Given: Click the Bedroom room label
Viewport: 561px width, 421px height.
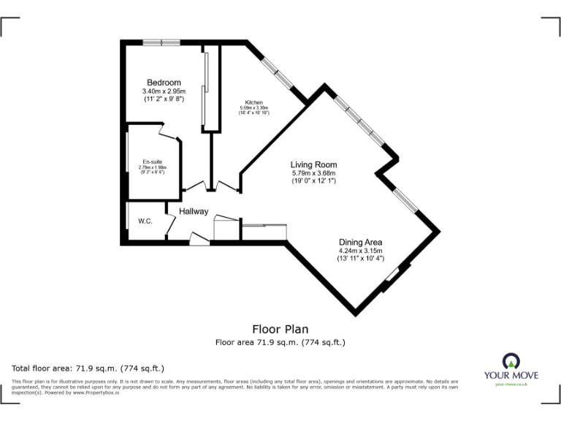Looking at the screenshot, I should (x=164, y=83).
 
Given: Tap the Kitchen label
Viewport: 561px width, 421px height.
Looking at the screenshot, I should (x=254, y=102).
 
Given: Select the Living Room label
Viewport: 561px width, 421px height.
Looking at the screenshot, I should (x=313, y=164).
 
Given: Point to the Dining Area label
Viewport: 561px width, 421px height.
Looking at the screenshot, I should (x=360, y=242).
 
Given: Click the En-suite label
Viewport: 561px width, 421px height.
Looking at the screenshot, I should (x=153, y=161).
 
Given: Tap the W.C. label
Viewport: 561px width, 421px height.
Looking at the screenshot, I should (x=145, y=221).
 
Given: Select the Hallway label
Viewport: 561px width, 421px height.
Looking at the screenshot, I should (x=194, y=212).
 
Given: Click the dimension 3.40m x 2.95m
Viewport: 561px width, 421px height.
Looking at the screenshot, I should (x=164, y=91).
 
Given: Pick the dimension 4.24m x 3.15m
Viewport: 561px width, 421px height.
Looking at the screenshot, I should (x=360, y=250).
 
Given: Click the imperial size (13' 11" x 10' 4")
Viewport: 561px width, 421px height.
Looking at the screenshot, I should (x=360, y=258).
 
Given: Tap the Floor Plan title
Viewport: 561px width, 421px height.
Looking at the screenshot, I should (x=280, y=330).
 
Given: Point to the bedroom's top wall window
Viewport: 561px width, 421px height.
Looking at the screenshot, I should (x=161, y=42).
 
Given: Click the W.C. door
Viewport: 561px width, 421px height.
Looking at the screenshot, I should (x=170, y=227).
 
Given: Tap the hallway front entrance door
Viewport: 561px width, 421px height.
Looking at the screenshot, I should (x=199, y=238).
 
